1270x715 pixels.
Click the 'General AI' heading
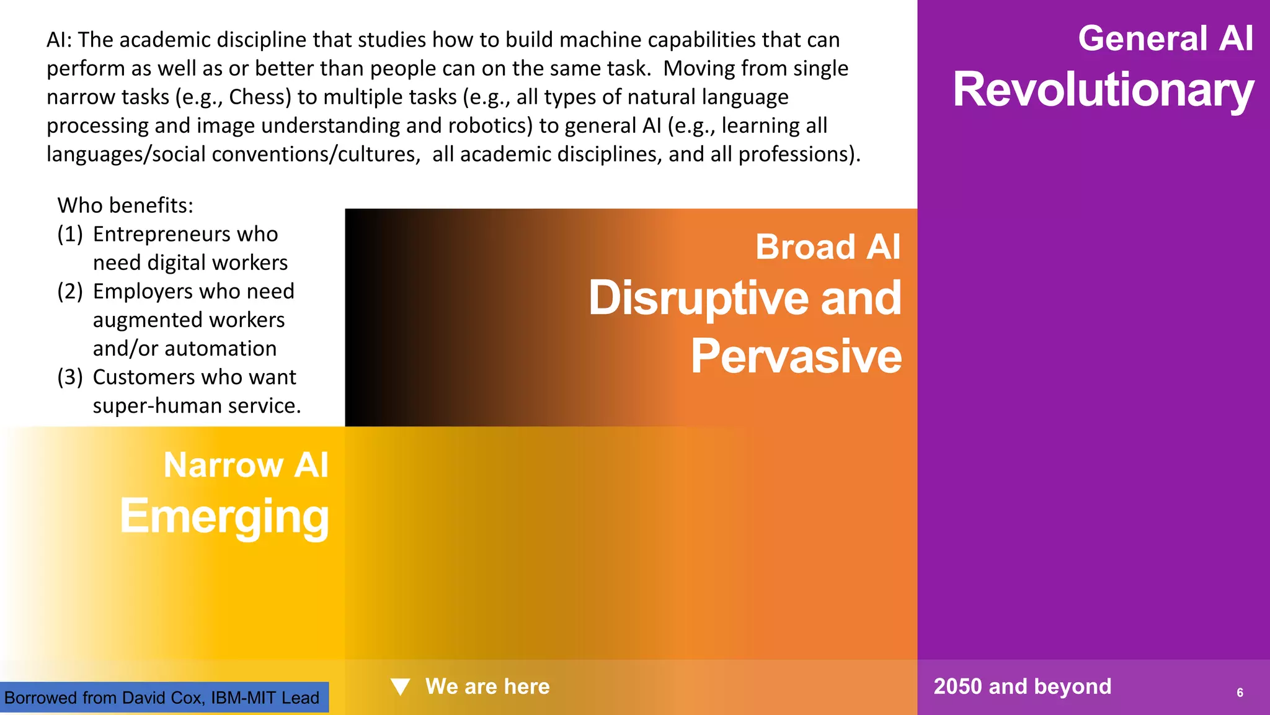1165,38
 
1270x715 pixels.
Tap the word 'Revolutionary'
1103,89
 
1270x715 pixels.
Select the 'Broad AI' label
827,247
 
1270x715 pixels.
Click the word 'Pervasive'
796,356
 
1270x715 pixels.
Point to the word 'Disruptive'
698,298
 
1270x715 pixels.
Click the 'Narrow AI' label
246,465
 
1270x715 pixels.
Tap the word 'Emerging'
224,516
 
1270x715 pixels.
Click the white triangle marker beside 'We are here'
401,686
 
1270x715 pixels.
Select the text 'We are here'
487,686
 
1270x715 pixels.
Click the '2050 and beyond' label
1022,686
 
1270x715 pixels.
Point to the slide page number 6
1240,693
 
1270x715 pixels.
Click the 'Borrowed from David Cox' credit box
162,698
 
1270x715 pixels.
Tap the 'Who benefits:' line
125,205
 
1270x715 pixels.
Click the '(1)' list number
69,234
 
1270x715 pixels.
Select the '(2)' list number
69,291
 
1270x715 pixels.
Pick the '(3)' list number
69,377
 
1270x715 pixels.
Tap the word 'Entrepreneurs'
162,234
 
